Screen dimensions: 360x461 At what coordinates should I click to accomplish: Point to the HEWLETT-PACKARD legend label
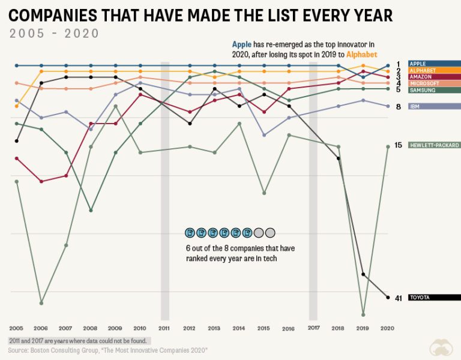coord(434,145)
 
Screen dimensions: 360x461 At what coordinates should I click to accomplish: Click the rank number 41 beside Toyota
coord(398,298)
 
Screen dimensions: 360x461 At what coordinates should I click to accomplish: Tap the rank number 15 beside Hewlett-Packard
coord(398,145)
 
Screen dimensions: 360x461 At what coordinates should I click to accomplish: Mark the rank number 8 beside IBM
coord(398,106)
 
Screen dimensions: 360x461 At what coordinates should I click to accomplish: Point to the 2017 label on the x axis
coord(313,328)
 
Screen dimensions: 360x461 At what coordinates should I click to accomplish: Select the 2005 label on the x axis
coord(16,328)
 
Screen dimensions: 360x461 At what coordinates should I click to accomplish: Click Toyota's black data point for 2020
coord(387,297)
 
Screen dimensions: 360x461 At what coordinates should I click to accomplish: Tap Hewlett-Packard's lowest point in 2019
coord(363,314)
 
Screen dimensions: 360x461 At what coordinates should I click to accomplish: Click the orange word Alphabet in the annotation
coord(362,54)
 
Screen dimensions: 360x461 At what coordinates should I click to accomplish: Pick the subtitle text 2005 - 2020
coord(54,33)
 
